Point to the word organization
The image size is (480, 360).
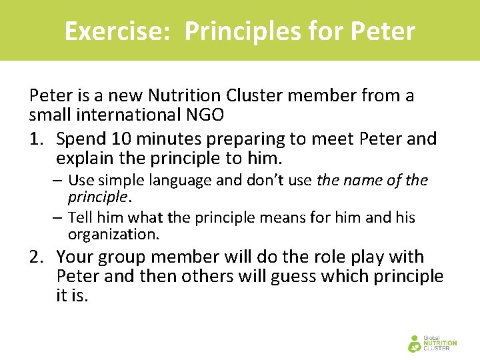[113, 235]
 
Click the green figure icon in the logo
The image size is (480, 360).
[415, 343]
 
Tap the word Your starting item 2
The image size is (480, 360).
[75, 257]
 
